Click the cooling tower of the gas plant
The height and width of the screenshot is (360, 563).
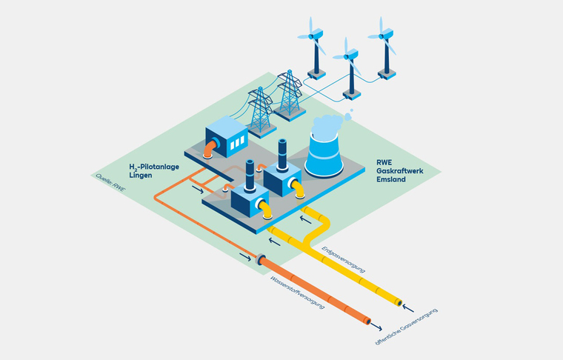[x=326, y=152]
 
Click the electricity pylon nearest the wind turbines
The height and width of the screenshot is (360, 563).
[x=287, y=96]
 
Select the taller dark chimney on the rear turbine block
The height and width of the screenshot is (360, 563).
[x=281, y=156]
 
